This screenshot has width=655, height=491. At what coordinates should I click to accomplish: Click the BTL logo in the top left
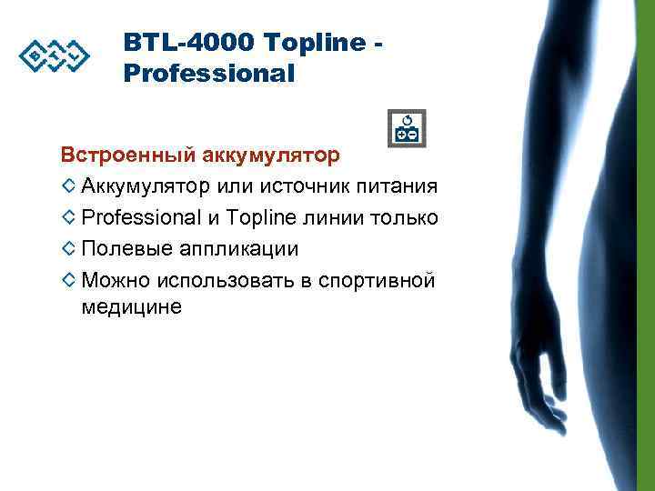[x=55, y=57]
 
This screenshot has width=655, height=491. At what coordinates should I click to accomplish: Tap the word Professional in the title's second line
[x=208, y=74]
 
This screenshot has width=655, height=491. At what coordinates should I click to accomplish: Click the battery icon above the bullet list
[x=406, y=129]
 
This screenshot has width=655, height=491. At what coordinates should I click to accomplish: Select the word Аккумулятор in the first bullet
[x=146, y=186]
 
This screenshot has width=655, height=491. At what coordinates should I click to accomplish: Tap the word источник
[x=304, y=186]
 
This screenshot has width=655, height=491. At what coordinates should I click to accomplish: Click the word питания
[x=397, y=186]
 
